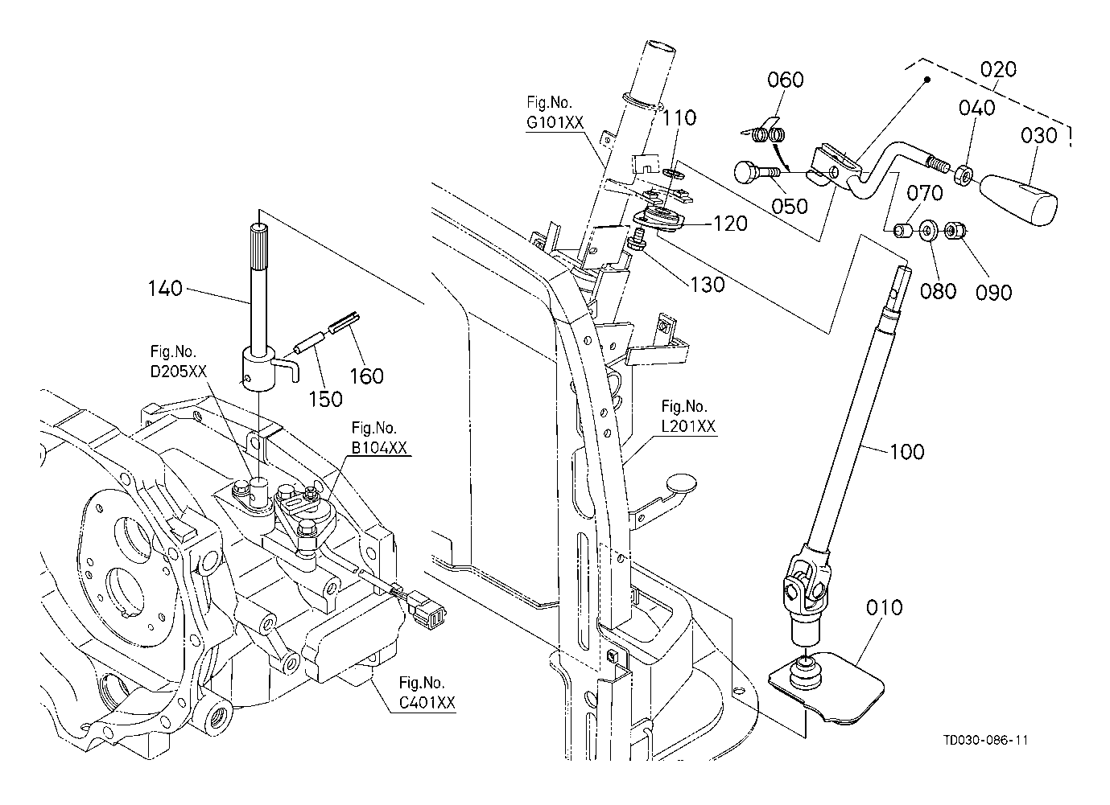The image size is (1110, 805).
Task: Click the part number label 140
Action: point(165,287)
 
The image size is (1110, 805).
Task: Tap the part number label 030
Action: point(1038,135)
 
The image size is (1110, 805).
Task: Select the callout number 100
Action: point(907,451)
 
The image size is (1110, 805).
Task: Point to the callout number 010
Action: point(885,606)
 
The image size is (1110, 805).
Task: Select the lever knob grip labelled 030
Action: point(1019,199)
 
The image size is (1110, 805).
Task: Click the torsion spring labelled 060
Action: point(767,133)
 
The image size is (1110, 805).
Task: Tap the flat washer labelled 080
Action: point(926,232)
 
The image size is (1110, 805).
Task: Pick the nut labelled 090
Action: point(954,232)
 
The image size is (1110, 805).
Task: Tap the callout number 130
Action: point(708,284)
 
